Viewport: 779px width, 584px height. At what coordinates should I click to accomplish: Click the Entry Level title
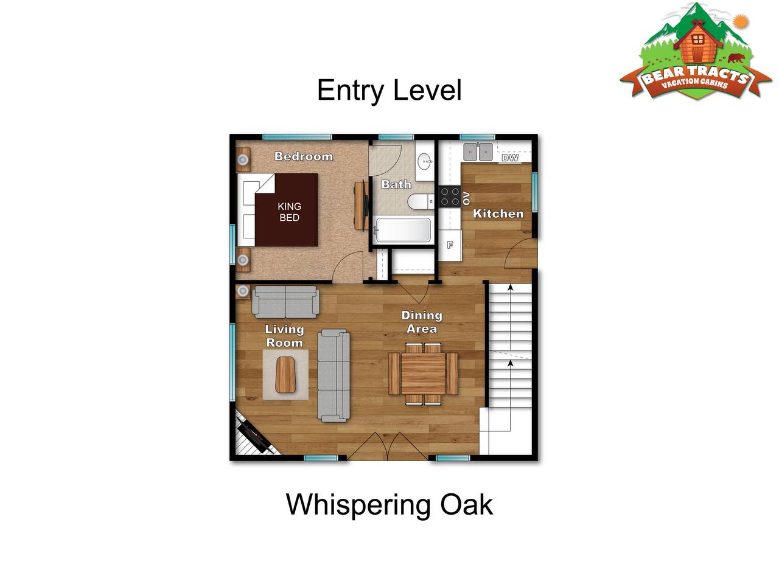point(389,91)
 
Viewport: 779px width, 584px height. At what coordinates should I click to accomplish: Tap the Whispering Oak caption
point(389,505)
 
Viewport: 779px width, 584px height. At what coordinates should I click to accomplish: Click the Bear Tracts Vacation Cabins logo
point(696,52)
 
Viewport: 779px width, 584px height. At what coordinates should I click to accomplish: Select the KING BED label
point(289,212)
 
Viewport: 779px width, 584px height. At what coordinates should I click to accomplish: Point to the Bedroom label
point(304,156)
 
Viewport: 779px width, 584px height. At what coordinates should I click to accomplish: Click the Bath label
point(396,184)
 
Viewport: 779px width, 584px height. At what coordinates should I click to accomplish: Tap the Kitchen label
point(498,214)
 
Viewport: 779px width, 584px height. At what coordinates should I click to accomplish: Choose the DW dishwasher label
point(510,158)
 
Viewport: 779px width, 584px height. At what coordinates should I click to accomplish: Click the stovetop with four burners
point(450,196)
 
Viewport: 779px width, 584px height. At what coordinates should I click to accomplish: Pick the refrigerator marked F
point(450,245)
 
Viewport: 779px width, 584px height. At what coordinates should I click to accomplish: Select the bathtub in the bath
point(403,230)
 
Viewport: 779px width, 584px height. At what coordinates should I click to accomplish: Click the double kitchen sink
point(478,151)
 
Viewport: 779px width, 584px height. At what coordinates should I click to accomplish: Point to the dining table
point(423,374)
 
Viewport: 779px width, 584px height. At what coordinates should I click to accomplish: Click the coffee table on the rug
point(285,375)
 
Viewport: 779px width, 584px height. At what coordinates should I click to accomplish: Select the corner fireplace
point(255,435)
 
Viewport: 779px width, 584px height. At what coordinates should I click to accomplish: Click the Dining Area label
point(422,322)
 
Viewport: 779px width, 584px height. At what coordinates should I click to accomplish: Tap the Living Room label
point(285,336)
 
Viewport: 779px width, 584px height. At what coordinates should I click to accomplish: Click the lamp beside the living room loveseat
point(243,291)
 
